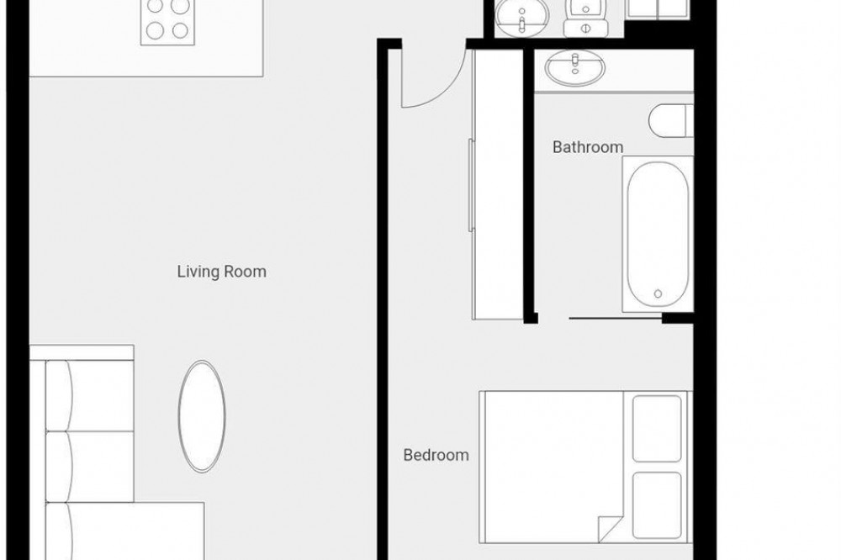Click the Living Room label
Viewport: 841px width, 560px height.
[x=221, y=272]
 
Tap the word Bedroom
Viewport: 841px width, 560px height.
[x=436, y=455]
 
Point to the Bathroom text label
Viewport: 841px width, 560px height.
[x=588, y=147]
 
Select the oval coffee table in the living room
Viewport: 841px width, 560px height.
[x=202, y=416]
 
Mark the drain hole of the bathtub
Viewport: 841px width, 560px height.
[x=659, y=293]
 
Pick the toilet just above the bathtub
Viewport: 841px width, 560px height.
[x=671, y=121]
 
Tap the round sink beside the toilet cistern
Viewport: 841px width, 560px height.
[x=521, y=16]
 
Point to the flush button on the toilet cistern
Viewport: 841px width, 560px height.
[x=584, y=28]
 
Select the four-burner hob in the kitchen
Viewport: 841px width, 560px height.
[x=168, y=22]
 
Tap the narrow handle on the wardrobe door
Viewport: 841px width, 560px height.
[x=471, y=185]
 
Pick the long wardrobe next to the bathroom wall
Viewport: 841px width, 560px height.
[x=498, y=184]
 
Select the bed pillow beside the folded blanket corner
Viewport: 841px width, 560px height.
[x=657, y=505]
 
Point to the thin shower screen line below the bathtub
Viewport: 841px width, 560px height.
[x=616, y=319]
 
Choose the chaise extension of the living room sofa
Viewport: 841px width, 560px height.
[x=125, y=531]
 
